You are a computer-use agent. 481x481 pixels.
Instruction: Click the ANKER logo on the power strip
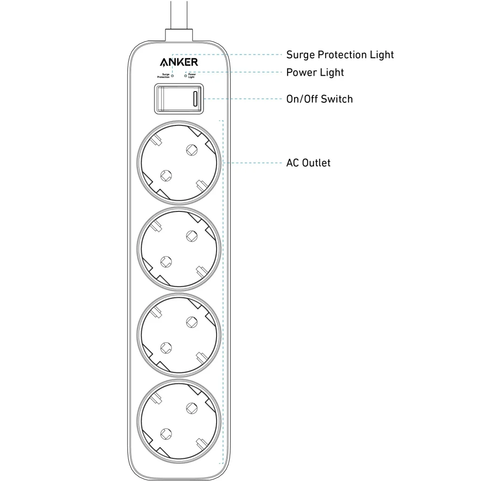(x=178, y=62)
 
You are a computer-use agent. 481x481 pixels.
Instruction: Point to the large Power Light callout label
(x=315, y=72)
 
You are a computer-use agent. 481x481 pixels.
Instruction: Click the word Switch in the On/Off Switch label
(x=337, y=99)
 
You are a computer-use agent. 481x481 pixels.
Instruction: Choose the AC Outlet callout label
(x=308, y=163)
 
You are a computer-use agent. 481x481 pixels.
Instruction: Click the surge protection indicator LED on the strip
(x=172, y=75)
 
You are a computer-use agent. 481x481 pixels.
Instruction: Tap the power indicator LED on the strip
(x=186, y=75)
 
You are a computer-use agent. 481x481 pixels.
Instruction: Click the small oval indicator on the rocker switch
(x=196, y=99)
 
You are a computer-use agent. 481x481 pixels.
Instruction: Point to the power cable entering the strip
(x=179, y=16)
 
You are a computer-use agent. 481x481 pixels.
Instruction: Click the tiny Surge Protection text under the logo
(x=163, y=75)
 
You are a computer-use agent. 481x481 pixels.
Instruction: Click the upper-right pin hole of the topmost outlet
(x=191, y=149)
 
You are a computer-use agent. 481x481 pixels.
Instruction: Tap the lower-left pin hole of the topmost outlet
(x=166, y=175)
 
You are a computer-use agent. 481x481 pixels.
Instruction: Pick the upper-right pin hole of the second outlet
(x=191, y=235)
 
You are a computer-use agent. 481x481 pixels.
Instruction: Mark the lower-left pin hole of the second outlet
(x=166, y=261)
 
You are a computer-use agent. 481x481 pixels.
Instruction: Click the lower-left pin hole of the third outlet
(x=166, y=347)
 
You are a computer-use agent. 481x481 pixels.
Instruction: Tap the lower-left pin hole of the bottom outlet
(x=166, y=433)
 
